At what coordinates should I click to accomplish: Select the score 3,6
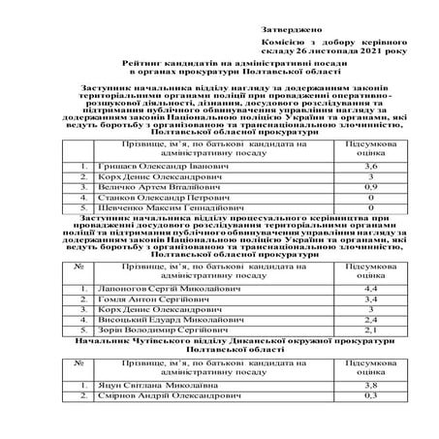pyautogui.click(x=369, y=167)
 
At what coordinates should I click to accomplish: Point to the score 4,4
pyautogui.click(x=369, y=289)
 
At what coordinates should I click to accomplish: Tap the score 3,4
pyautogui.click(x=369, y=299)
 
